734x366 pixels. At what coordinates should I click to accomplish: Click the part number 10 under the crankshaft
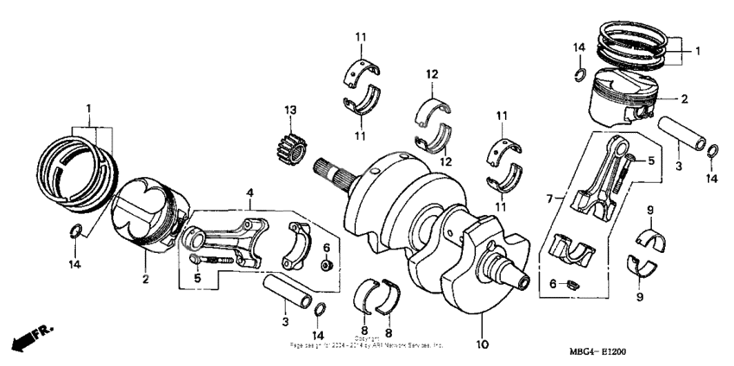482,344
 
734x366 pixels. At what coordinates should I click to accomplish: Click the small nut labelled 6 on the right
571,283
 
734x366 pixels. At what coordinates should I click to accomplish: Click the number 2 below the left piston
146,279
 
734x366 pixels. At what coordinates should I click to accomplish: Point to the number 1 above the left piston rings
87,108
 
